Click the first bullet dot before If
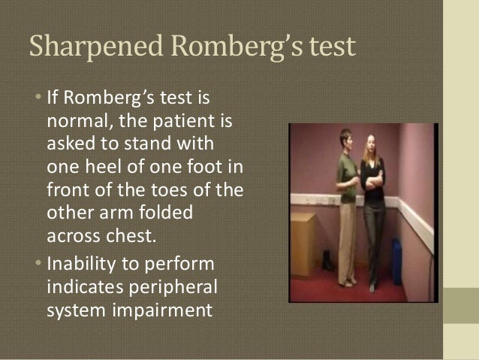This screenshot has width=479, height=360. (38, 99)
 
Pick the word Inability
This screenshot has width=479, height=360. (82, 265)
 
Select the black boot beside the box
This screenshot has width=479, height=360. (328, 259)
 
